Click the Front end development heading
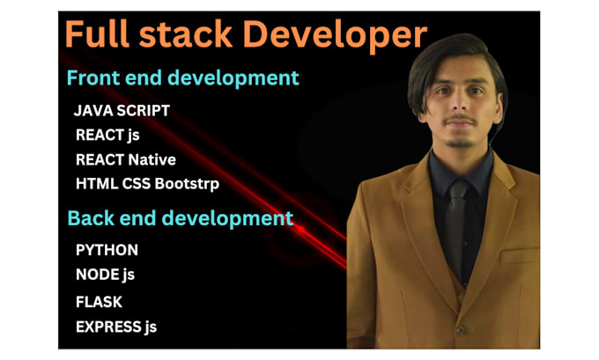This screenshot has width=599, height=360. click(x=183, y=78)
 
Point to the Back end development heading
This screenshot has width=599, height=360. click(x=181, y=217)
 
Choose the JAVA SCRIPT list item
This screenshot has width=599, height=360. click(x=122, y=111)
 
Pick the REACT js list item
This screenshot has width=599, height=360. click(x=107, y=136)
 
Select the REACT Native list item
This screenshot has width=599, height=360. click(x=126, y=160)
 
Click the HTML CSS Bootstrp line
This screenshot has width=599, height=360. click(x=147, y=184)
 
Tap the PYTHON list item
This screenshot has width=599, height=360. click(x=107, y=250)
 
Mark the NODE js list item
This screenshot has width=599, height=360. click(x=105, y=275)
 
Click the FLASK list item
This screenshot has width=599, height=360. click(x=99, y=301)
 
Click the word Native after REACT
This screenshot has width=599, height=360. click(x=152, y=160)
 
